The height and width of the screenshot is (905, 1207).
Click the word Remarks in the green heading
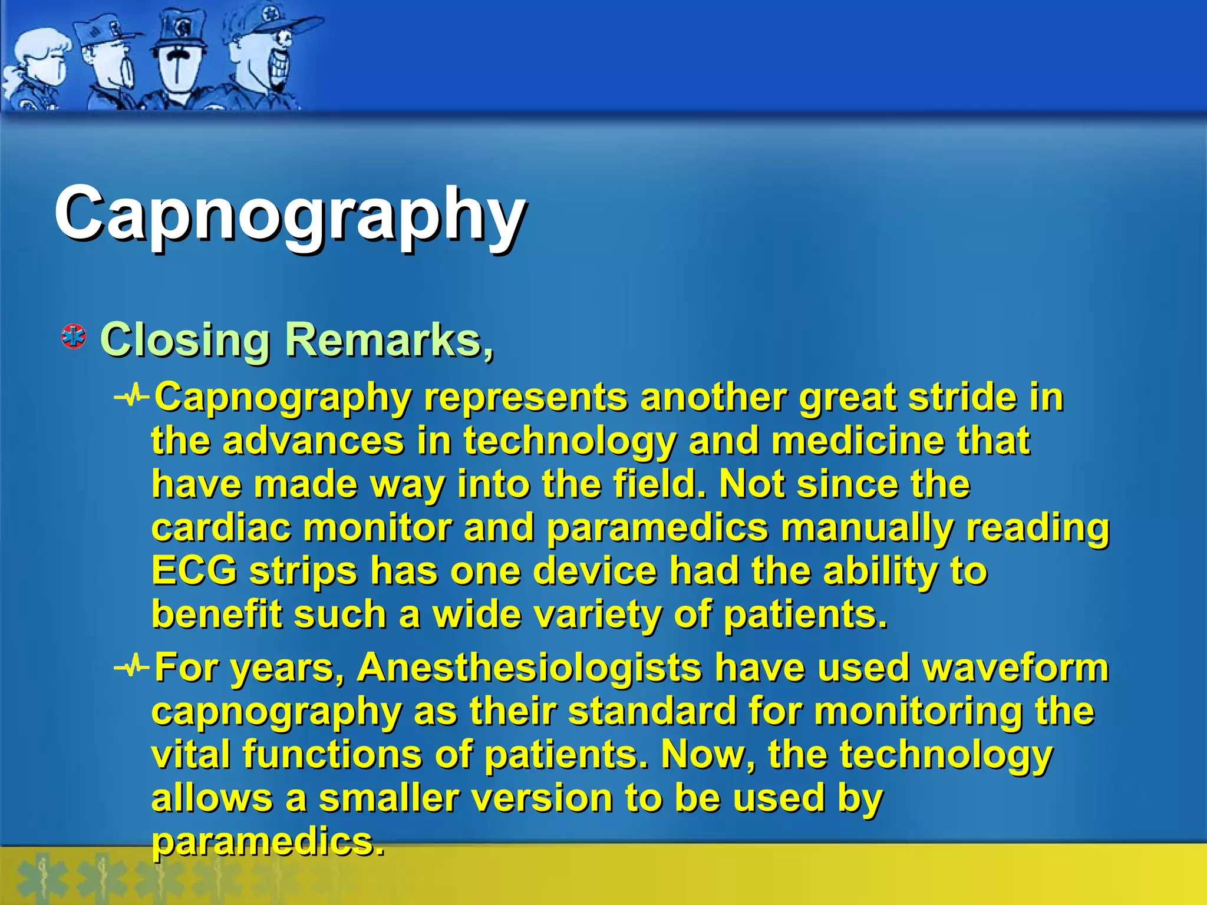coord(383,340)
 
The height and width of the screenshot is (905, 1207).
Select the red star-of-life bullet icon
coord(74,336)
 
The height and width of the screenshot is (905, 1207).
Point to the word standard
coord(652,711)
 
